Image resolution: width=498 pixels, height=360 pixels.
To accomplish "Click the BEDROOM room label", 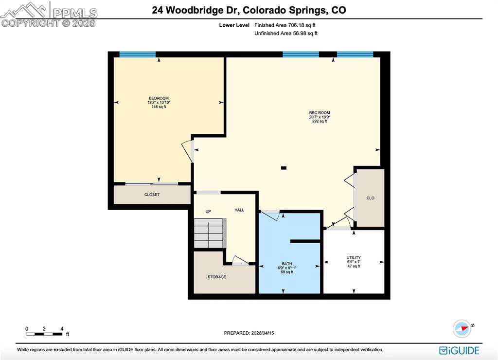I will pos(159,98).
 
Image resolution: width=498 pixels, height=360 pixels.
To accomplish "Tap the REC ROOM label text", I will pos(320,113).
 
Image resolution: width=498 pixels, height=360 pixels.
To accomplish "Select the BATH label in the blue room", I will pos(286,264).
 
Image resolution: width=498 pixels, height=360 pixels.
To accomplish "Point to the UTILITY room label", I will pos(354,258).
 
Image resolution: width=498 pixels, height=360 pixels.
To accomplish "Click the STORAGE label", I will pos(217,277).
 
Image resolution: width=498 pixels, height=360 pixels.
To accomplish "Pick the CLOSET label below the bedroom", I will pos(152,195).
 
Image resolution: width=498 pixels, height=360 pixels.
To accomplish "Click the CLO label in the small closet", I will pos(370,198).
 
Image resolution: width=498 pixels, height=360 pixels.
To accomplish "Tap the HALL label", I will pos(239,210).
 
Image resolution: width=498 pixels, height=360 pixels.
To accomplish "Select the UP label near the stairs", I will pos(208,212).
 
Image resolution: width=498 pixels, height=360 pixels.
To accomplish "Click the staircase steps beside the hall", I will pos(210,234).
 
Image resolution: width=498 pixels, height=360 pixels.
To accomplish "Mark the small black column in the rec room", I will pos(284,168).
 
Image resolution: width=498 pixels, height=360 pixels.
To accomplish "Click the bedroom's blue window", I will pos(138,54).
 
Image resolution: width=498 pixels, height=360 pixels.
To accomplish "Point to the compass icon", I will pos(462,329).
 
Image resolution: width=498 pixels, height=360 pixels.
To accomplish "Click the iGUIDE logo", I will pos(459,350).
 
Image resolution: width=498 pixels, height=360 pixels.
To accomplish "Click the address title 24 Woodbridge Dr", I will pos(249,10).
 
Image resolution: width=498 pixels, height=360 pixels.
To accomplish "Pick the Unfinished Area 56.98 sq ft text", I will pos(286,34).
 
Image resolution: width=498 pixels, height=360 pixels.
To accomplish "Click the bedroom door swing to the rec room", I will pos(188,151).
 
